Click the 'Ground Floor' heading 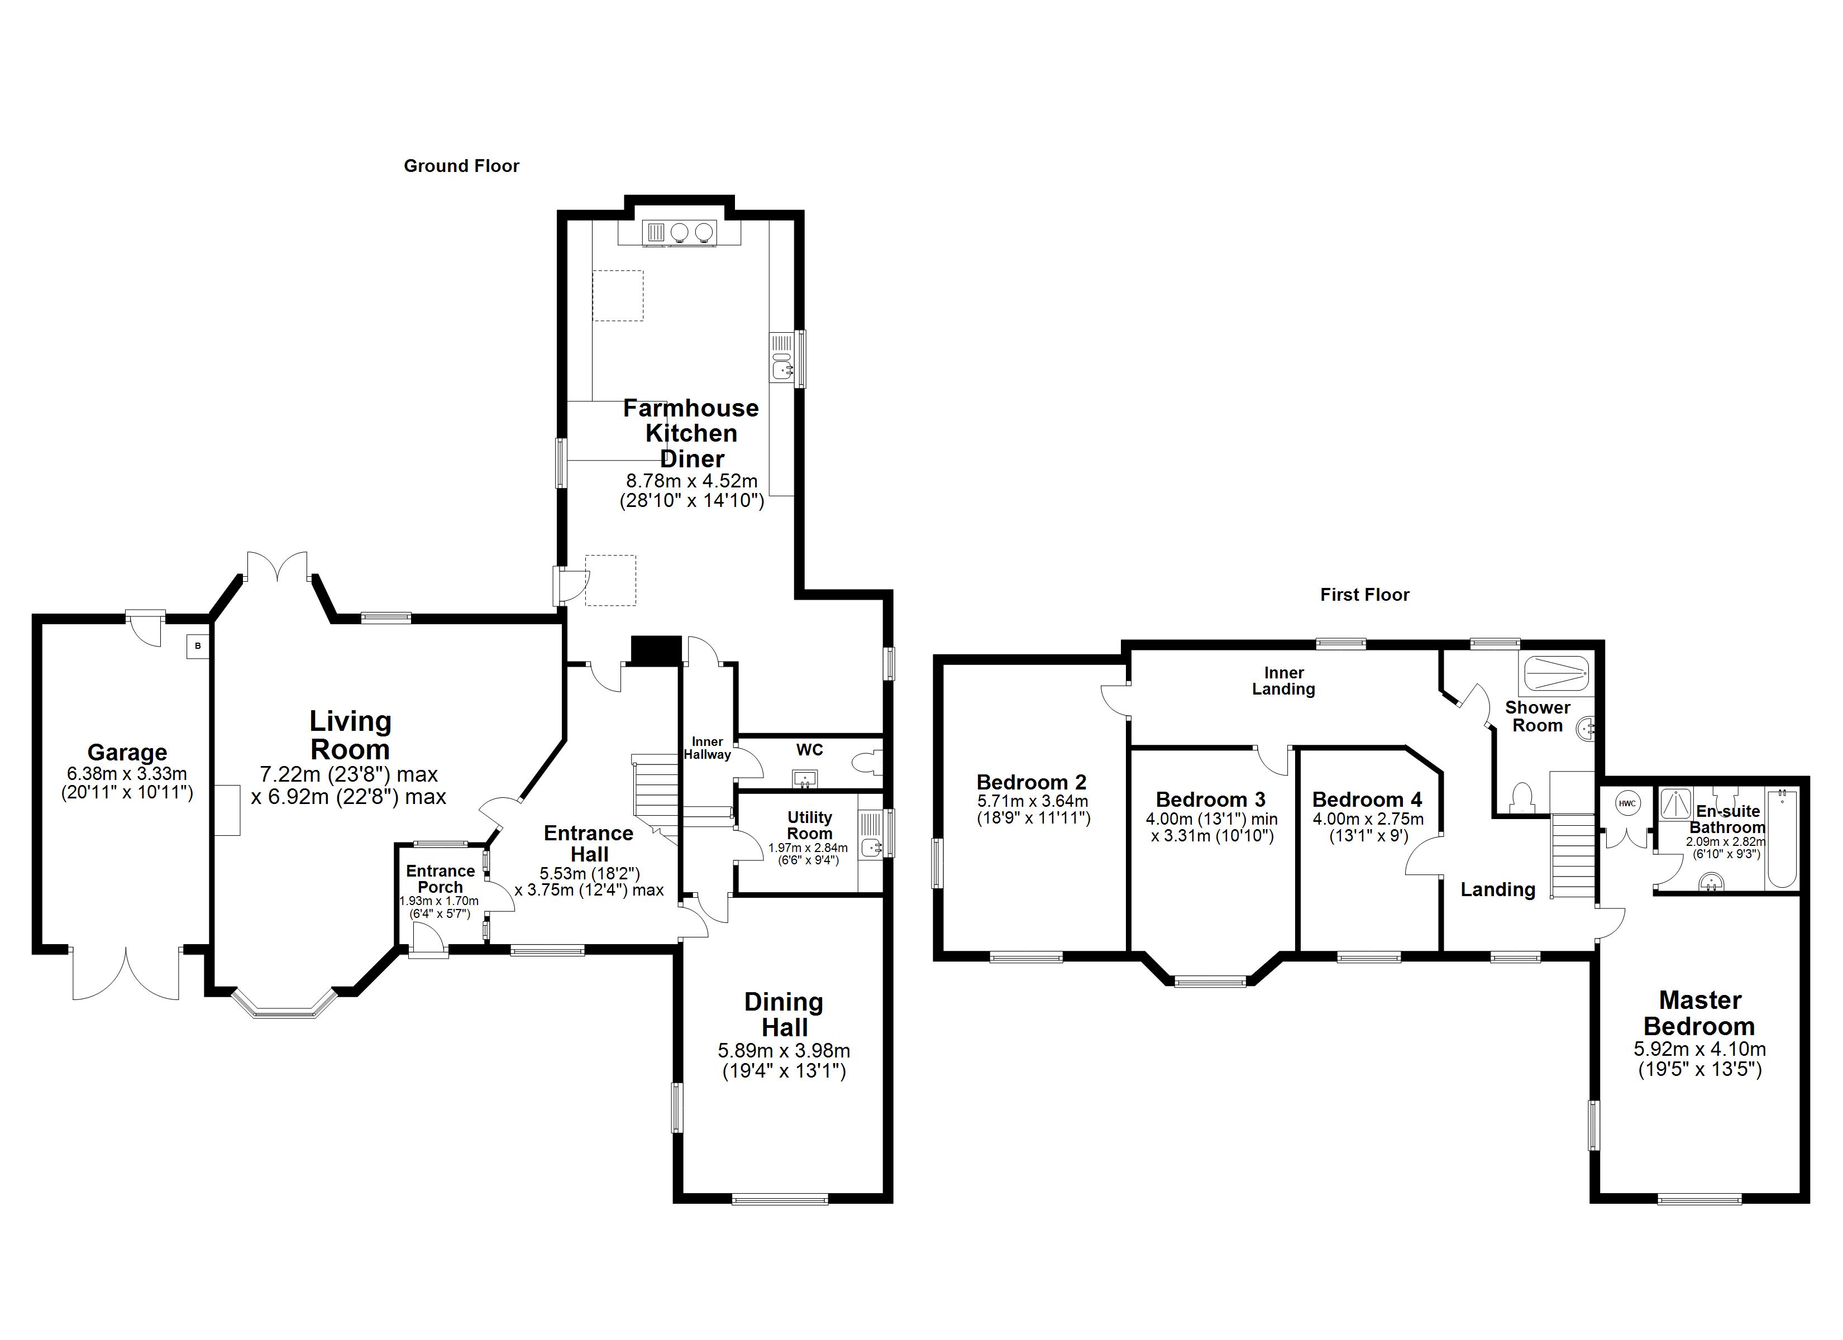tap(461, 166)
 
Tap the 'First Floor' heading tap(1364, 595)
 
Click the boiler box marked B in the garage tap(198, 647)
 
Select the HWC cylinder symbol tap(1627, 803)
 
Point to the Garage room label tap(127, 753)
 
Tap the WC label tap(809, 749)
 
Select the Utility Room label tap(809, 825)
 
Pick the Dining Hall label tap(784, 1014)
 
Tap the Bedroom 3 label tap(1211, 800)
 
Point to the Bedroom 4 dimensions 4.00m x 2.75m tap(1368, 819)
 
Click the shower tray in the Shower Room tap(1555, 674)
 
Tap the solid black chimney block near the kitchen tap(656, 650)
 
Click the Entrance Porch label tap(441, 879)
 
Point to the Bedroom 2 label tap(1031, 783)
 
